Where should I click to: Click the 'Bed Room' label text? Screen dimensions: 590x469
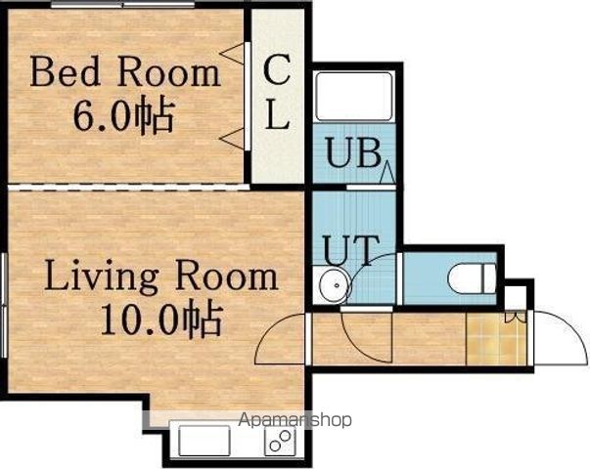[125, 71]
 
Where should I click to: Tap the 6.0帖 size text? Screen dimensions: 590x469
[124, 114]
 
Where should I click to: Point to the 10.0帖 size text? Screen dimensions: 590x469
[161, 318]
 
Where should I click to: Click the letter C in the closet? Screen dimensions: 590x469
[277, 69]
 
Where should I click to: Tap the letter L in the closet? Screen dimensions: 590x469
[277, 114]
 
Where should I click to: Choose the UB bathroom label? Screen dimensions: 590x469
[353, 152]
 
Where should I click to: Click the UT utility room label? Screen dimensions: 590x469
[350, 250]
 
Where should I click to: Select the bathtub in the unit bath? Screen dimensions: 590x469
[354, 97]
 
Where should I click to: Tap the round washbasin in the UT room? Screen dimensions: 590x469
[336, 285]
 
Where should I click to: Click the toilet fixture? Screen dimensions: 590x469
[472, 278]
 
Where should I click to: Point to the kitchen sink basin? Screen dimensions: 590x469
[204, 440]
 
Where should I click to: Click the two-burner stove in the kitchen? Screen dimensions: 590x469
[281, 441]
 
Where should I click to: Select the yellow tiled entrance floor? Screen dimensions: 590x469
[496, 338]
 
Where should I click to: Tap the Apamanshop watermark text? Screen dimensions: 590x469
[295, 419]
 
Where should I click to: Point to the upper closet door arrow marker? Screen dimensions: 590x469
[233, 54]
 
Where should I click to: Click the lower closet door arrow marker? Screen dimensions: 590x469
[233, 139]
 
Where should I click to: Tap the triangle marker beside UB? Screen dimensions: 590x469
[387, 173]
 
